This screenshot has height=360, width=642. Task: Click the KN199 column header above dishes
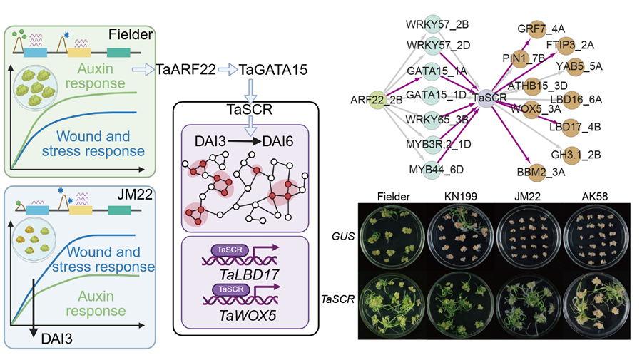pos(457,195)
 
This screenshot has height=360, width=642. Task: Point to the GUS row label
pos(343,235)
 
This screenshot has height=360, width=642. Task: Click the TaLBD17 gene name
pos(243,274)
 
